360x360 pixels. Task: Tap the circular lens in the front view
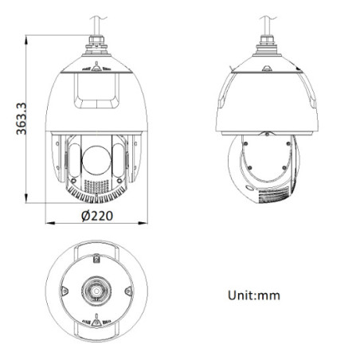click(97, 159)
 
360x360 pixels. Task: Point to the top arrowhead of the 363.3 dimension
click(30, 36)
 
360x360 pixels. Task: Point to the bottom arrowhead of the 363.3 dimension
click(30, 199)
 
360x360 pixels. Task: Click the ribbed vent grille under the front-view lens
click(96, 190)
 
